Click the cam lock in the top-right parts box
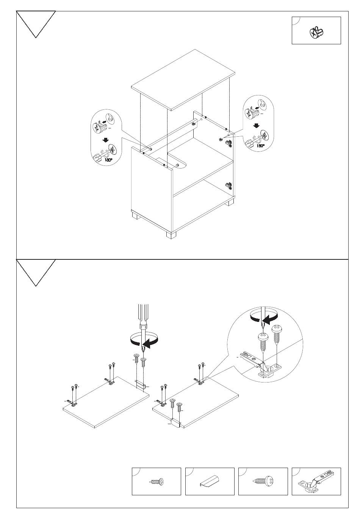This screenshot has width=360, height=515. point(316,33)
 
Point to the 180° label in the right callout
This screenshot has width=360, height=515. point(260,145)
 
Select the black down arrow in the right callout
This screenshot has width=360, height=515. point(257,126)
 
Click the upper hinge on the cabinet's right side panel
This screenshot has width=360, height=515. point(228,143)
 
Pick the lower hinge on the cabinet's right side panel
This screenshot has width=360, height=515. point(227,185)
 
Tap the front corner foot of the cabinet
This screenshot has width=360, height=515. point(171,234)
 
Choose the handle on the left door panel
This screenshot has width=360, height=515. point(141,385)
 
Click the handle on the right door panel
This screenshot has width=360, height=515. point(175,423)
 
